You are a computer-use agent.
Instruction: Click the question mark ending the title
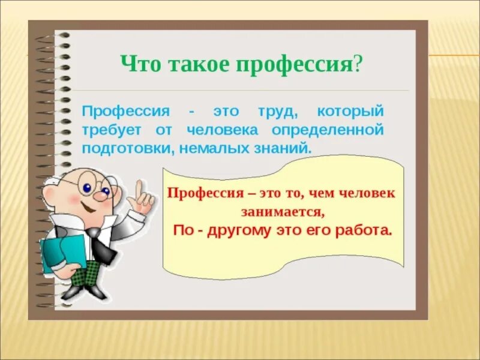click(x=358, y=63)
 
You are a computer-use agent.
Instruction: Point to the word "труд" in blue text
click(x=274, y=112)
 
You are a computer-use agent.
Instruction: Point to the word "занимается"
click(x=282, y=211)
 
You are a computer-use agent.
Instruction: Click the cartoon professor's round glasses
click(x=96, y=188)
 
